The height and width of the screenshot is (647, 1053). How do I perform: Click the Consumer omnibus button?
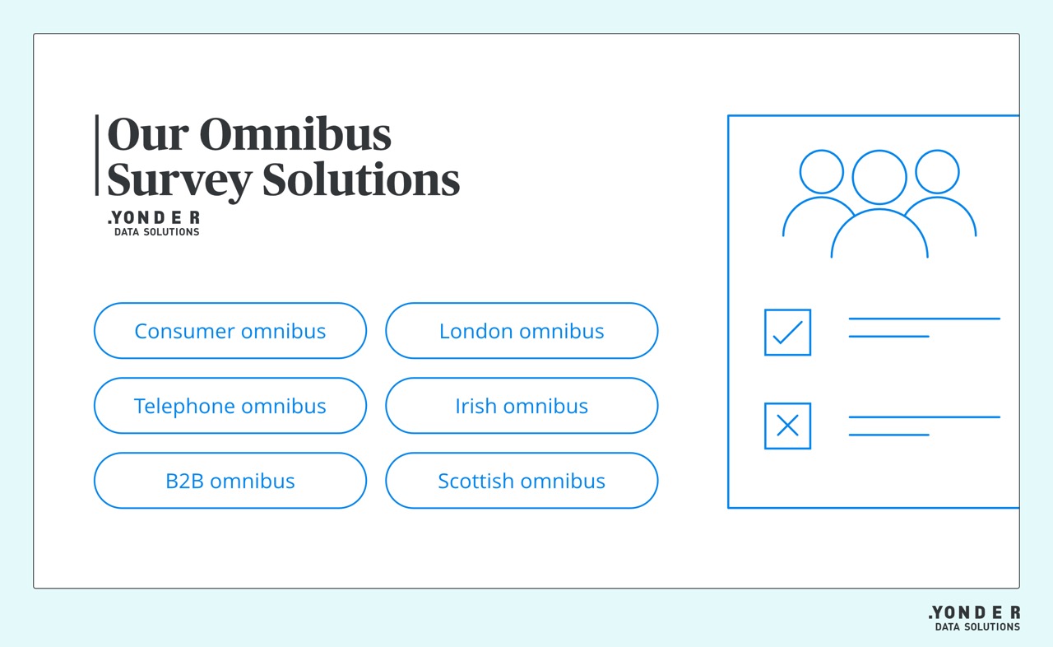pyautogui.click(x=230, y=331)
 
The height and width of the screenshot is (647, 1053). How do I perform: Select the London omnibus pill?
pyautogui.click(x=522, y=331)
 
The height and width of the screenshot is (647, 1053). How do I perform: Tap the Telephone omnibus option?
pyautogui.click(x=230, y=406)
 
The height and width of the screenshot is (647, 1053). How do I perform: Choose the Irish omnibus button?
pyautogui.click(x=522, y=406)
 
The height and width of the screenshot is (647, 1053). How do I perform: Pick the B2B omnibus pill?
pyautogui.click(x=230, y=481)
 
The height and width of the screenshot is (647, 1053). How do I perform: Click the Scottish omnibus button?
pyautogui.click(x=522, y=481)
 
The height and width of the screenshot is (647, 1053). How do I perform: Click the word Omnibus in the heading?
pyautogui.click(x=295, y=135)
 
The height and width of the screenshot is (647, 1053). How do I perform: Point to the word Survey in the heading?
pyautogui.click(x=179, y=179)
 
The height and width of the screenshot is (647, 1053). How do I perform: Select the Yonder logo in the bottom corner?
pyautogui.click(x=975, y=618)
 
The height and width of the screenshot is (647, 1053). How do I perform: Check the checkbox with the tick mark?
pyautogui.click(x=787, y=333)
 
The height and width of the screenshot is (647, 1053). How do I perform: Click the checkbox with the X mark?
pyautogui.click(x=787, y=426)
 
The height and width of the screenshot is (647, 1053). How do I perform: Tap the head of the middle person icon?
pyautogui.click(x=879, y=178)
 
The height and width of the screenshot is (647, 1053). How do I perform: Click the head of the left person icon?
pyautogui.click(x=822, y=172)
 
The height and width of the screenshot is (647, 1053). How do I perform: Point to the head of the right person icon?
pyautogui.click(x=937, y=172)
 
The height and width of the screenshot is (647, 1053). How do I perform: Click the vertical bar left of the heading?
pyautogui.click(x=97, y=156)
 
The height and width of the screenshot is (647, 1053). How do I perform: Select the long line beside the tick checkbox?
pyautogui.click(x=924, y=319)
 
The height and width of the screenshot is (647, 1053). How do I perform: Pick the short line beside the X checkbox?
pyautogui.click(x=888, y=435)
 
